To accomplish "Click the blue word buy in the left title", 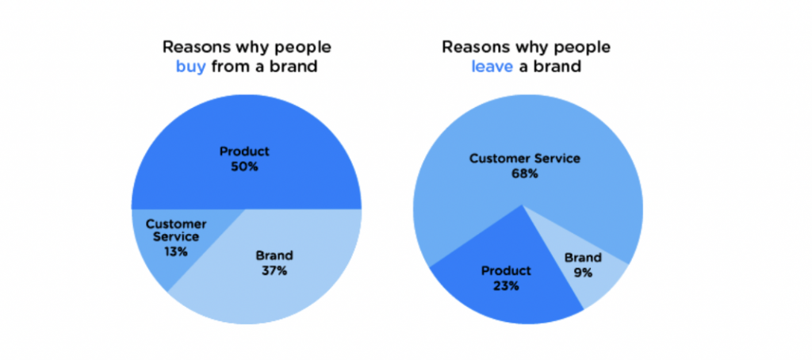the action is [191, 67].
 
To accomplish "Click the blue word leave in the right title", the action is [492, 67].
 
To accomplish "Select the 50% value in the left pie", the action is [245, 167].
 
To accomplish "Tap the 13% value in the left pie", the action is [176, 251].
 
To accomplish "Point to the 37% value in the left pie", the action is [274, 270].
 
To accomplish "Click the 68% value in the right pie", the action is [525, 174].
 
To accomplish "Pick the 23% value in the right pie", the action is [506, 285].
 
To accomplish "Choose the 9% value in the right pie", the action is [583, 273].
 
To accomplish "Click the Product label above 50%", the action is [245, 152].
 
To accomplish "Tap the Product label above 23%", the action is [506, 270].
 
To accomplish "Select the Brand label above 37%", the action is [274, 255].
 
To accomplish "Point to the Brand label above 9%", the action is [583, 258].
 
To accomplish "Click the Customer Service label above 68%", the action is [525, 159].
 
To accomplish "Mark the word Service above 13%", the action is [176, 237].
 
